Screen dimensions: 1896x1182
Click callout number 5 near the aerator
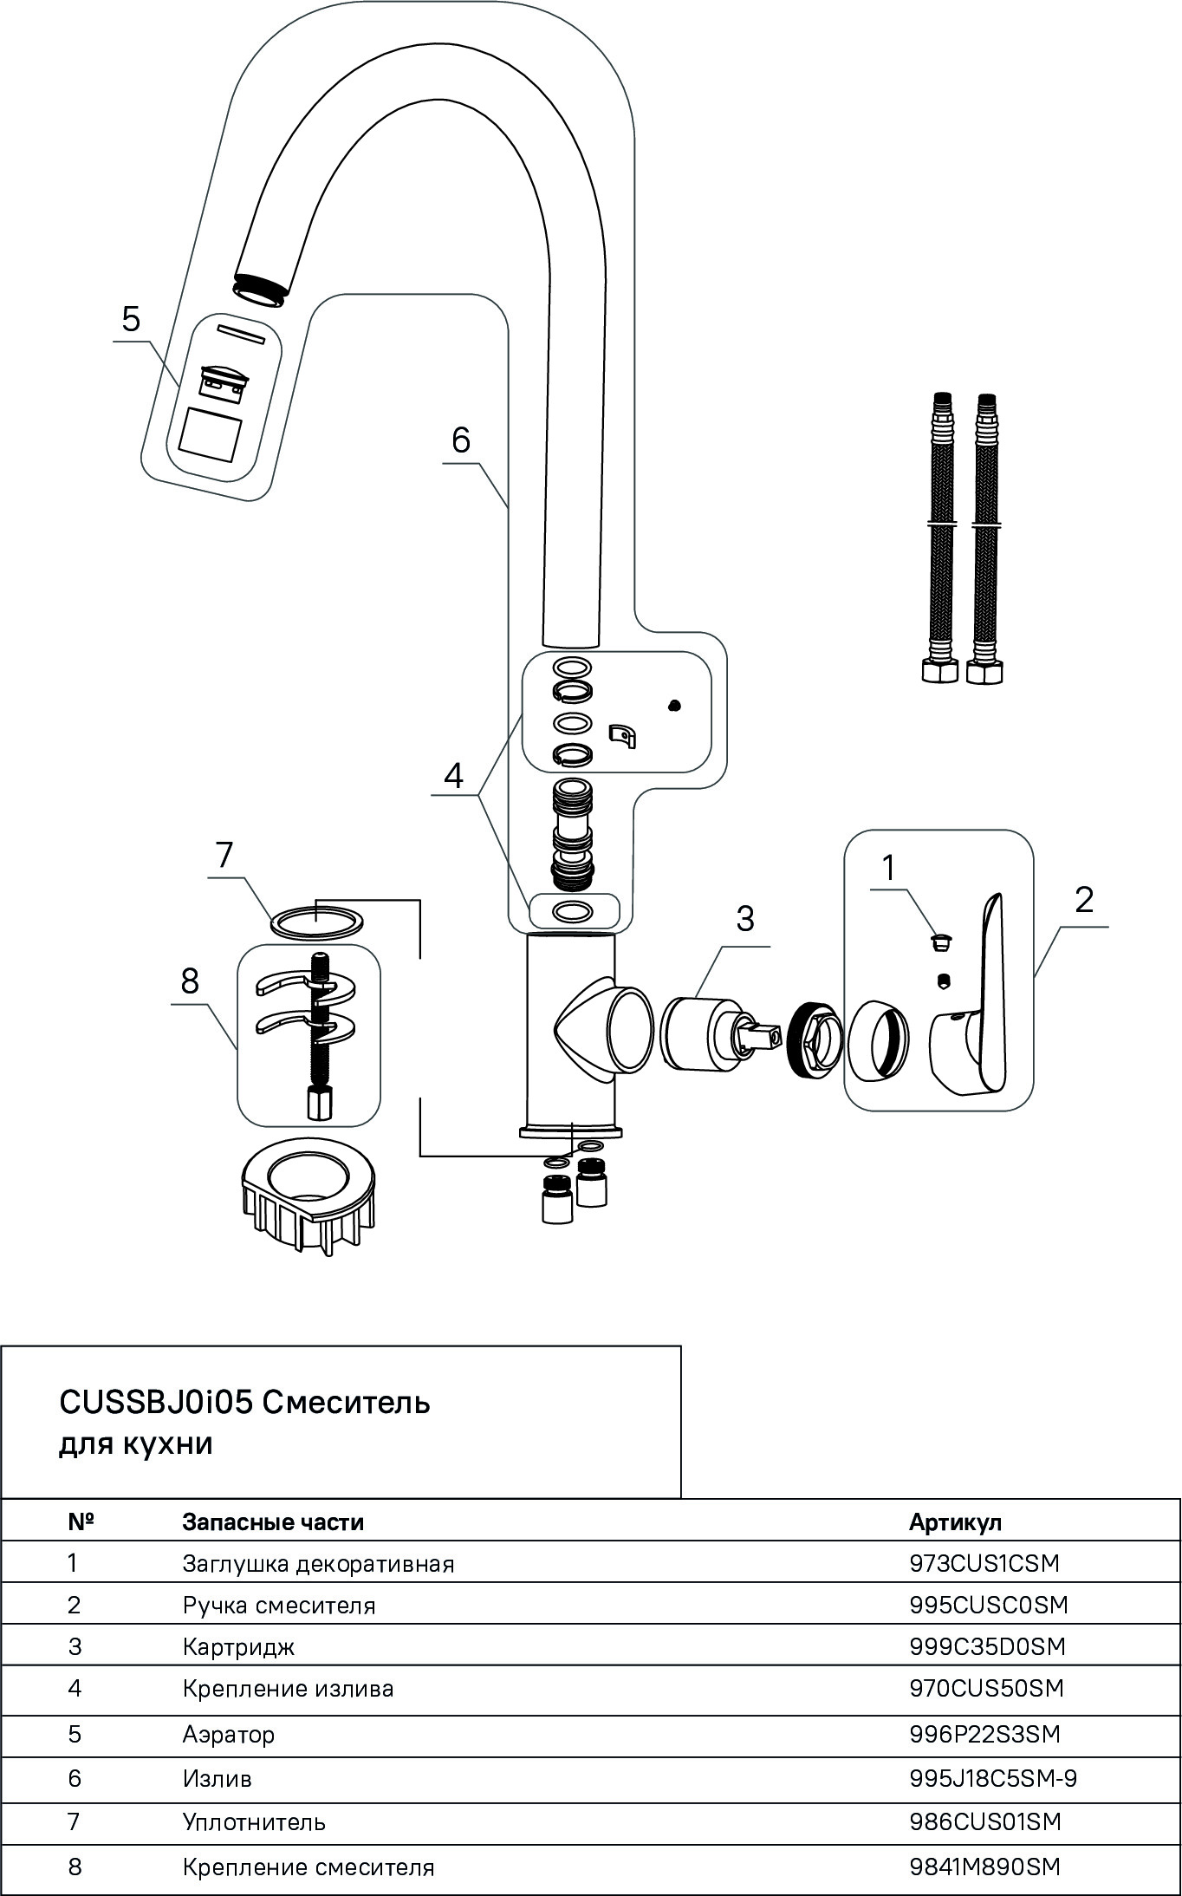coord(130,319)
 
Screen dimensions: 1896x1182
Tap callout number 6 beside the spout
coord(460,440)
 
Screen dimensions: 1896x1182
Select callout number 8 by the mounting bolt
coord(190,981)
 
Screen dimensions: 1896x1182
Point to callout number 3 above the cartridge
coord(744,918)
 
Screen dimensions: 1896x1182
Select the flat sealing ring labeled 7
coord(317,921)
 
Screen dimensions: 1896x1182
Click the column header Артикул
coord(955,1521)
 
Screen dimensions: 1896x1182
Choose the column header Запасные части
coord(273,1521)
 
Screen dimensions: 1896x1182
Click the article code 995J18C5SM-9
coord(993,1779)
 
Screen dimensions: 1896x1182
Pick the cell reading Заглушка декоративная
coord(318,1564)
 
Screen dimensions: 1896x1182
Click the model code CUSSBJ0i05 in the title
coord(155,1402)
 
